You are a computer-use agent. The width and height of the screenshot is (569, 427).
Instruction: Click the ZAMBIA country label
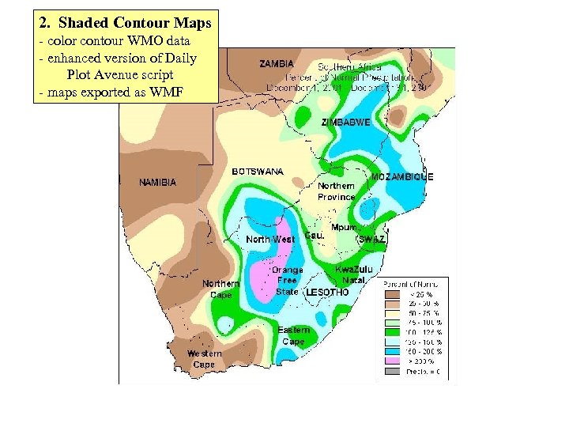(x=277, y=63)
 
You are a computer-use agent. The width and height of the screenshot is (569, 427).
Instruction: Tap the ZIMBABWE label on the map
(x=345, y=123)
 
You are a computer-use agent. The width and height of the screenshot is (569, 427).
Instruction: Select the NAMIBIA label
(x=157, y=183)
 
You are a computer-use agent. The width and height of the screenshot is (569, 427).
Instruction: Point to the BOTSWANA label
(x=258, y=171)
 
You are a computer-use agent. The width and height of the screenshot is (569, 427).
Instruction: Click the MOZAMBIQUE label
(x=402, y=177)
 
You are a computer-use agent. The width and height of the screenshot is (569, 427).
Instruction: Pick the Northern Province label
(x=337, y=191)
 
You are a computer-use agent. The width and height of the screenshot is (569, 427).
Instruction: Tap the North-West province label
(x=270, y=239)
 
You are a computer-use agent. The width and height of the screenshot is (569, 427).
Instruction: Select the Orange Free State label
(x=287, y=280)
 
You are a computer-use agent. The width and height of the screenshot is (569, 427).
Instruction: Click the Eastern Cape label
(x=293, y=335)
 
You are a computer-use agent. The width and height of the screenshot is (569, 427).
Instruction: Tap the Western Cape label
(x=204, y=359)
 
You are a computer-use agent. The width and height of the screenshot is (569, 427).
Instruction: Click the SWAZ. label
(x=371, y=239)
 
